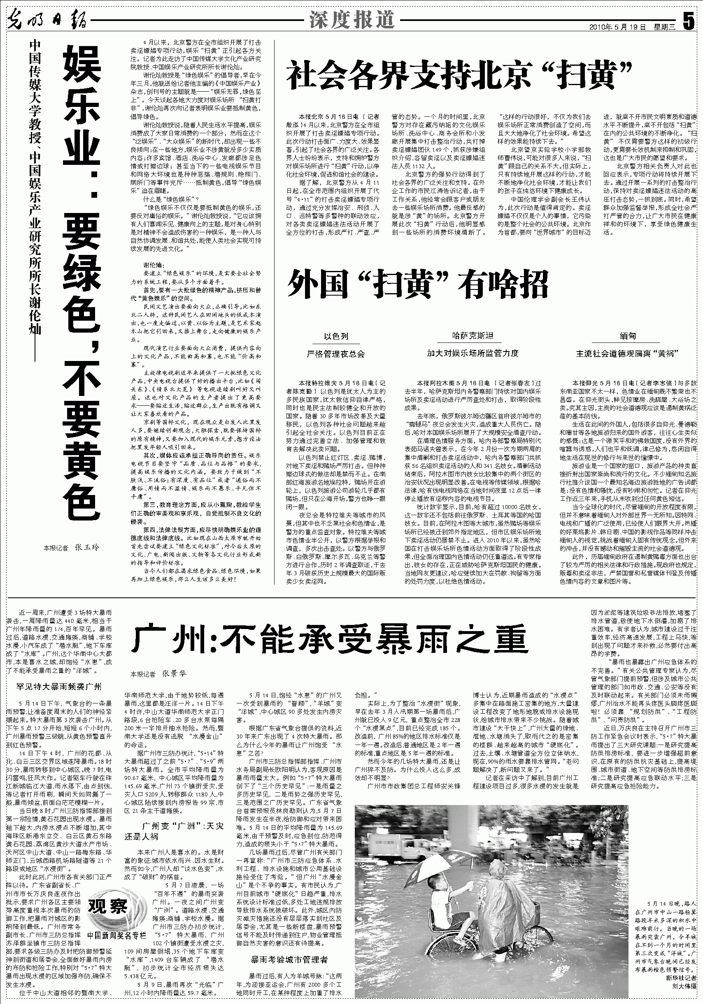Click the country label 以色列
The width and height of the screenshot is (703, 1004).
tap(336, 336)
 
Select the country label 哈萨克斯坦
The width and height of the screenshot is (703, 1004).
tap(473, 336)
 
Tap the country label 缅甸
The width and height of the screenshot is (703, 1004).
tap(627, 336)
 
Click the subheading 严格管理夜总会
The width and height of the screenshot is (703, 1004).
tap(336, 354)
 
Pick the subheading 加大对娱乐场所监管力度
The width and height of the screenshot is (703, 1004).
tap(473, 354)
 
